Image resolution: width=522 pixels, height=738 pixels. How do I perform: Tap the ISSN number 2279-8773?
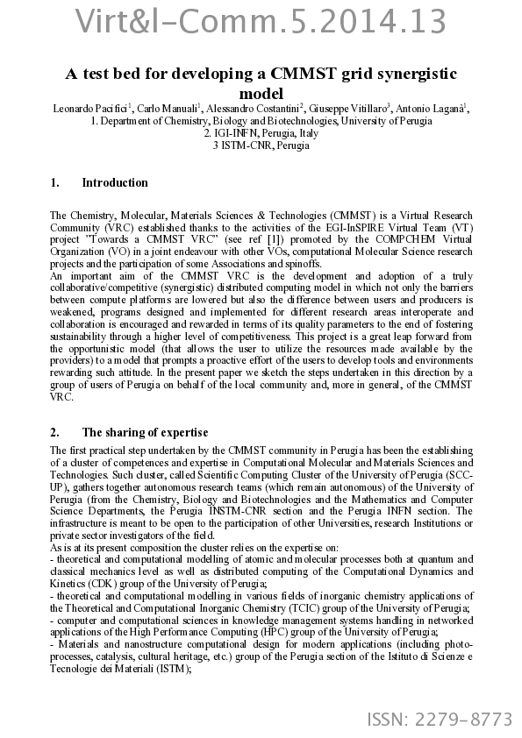440,720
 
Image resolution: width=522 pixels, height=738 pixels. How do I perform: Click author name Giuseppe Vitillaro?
348,109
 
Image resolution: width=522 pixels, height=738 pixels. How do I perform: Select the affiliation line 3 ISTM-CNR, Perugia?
261,145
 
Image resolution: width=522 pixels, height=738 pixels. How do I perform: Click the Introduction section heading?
114,183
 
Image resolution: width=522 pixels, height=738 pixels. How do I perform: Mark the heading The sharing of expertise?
145,432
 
